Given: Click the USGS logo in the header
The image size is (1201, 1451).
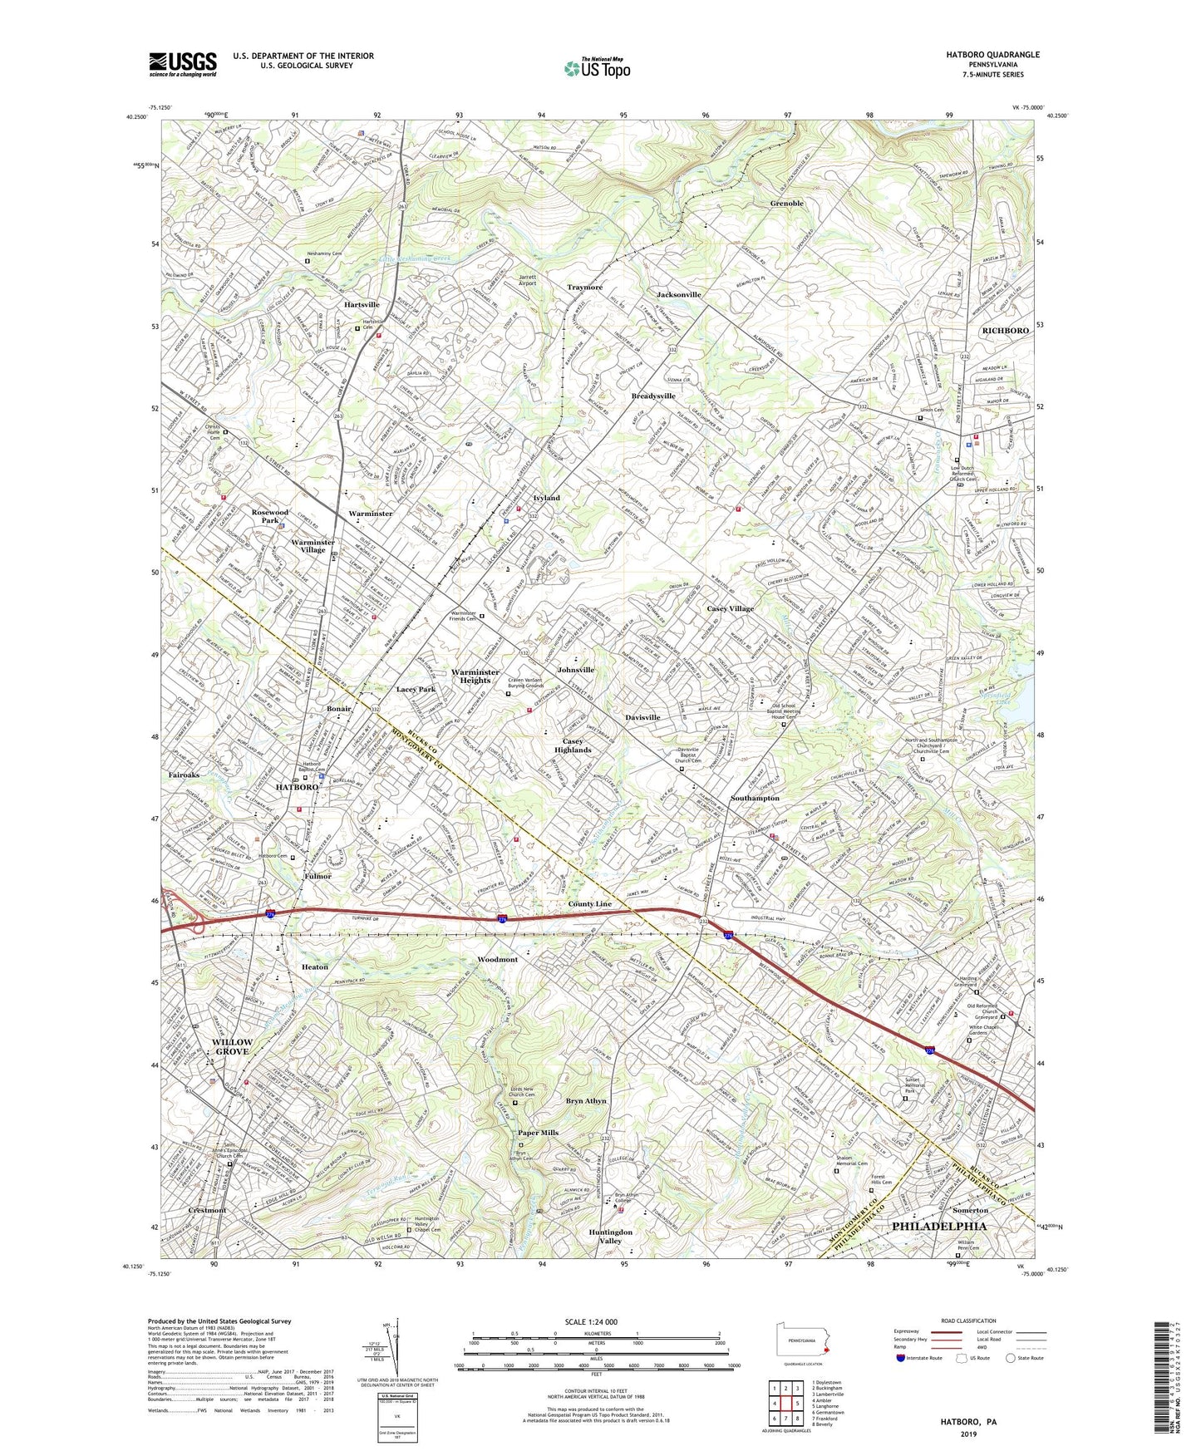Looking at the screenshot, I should tap(183, 63).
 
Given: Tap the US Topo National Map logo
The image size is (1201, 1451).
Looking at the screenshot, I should tap(597, 68).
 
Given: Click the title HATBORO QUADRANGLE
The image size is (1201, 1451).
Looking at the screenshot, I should tap(992, 55).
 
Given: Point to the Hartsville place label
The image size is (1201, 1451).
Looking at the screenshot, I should tap(362, 305).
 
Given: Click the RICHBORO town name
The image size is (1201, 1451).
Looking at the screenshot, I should tap(1005, 331).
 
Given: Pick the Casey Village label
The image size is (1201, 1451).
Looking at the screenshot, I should tap(730, 608).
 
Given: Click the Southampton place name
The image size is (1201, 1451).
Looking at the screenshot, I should tap(755, 798).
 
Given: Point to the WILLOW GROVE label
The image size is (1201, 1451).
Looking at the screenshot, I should tap(232, 1046).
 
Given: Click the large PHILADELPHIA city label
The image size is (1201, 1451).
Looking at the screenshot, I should tap(939, 1227).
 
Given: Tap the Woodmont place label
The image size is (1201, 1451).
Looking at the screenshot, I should tap(497, 960).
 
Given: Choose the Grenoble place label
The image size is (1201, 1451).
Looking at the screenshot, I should tap(786, 204).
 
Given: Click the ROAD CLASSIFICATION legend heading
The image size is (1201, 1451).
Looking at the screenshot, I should tap(968, 1321).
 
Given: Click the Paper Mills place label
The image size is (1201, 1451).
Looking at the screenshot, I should tap(538, 1133).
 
